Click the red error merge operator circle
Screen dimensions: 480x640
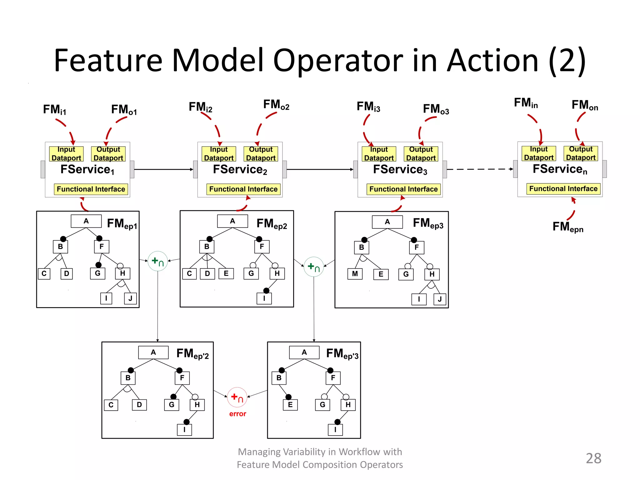pyautogui.click(x=237, y=397)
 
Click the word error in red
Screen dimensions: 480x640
pyautogui.click(x=237, y=414)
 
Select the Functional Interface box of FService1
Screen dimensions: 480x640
pyautogui.click(x=91, y=189)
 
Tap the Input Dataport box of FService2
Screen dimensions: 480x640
pyautogui.click(x=219, y=154)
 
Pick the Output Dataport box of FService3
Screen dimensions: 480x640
pyautogui.click(x=421, y=154)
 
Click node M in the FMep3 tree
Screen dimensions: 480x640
pyautogui.click(x=355, y=274)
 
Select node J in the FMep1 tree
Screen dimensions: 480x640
pyautogui.click(x=130, y=298)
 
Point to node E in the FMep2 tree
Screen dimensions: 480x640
pyautogui.click(x=226, y=273)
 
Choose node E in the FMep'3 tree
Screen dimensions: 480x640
pyautogui.click(x=290, y=405)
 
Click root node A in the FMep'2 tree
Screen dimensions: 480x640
pyautogui.click(x=153, y=352)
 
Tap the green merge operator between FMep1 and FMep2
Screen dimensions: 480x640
pyautogui.click(x=158, y=261)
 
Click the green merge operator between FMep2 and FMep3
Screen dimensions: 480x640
pyautogui.click(x=314, y=267)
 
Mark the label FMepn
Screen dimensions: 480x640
pyautogui.click(x=567, y=227)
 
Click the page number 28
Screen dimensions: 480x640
pyautogui.click(x=593, y=458)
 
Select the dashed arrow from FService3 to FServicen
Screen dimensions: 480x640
pyautogui.click(x=480, y=169)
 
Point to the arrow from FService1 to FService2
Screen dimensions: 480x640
pyautogui.click(x=163, y=169)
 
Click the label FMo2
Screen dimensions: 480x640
pyautogui.click(x=276, y=105)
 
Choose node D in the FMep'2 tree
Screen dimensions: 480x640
pyautogui.click(x=139, y=405)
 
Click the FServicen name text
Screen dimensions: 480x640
pyautogui.click(x=560, y=169)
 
